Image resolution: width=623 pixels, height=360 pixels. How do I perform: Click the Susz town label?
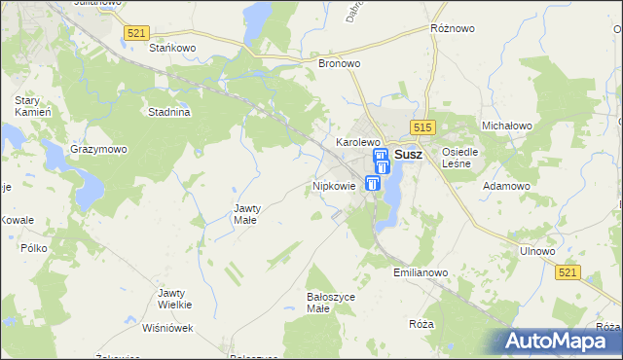coord(409,154)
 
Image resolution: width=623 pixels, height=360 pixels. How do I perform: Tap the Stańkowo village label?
coord(173,47)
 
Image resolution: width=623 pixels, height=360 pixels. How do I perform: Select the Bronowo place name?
coord(340,63)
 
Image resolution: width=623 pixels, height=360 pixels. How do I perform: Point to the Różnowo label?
coord(453,29)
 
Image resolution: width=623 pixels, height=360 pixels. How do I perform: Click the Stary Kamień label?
coord(25,106)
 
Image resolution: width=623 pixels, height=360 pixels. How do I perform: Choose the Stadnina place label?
coord(168,112)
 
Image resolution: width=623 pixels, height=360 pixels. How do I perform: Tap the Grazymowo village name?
coord(98,150)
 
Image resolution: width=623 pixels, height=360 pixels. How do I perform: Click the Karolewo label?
coord(357,142)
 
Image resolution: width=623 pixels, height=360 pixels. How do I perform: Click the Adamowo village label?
coord(507,185)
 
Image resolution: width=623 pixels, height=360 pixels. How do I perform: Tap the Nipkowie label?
coord(334,185)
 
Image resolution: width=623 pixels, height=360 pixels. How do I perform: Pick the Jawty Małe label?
coord(244,214)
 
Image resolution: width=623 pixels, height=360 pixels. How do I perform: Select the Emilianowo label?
coord(421,272)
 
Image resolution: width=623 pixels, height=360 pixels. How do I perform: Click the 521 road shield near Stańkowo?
coord(136,33)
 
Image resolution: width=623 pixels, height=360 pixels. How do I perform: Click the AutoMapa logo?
coord(560,342)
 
